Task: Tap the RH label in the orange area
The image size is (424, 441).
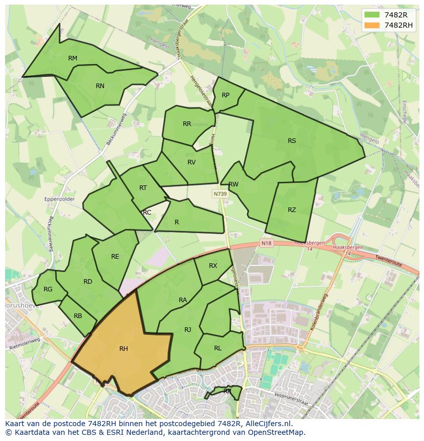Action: pos(123,349)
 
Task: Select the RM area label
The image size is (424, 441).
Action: pos(73,58)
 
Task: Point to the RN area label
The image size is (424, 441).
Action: pos(100,86)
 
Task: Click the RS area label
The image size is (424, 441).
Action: pos(292,141)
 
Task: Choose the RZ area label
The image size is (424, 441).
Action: pos(292,210)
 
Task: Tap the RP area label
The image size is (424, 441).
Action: pos(225,95)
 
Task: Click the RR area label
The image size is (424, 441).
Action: pos(187,124)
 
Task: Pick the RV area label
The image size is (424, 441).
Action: pos(192,162)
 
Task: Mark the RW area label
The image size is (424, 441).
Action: pos(234,184)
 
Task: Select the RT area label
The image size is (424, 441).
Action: pos(143,188)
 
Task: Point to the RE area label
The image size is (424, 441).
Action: pos(115,257)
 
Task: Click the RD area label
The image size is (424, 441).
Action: pos(88,282)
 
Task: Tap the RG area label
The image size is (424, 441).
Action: pos(48,289)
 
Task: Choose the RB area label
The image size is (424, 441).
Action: pos(78,316)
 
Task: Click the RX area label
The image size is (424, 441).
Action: pos(213,266)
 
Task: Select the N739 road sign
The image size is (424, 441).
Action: pos(220,194)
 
